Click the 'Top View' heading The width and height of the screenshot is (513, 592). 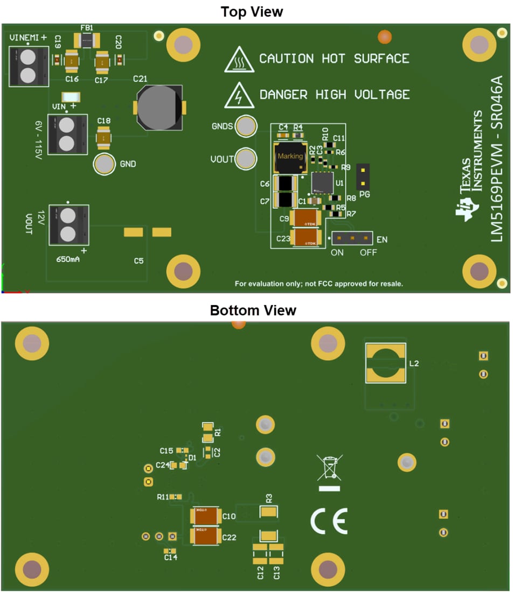(252, 11)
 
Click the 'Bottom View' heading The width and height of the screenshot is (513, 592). (253, 311)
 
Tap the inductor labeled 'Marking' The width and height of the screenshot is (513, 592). (290, 156)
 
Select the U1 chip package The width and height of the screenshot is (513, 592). (322, 182)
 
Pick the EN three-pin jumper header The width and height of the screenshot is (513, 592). (352, 237)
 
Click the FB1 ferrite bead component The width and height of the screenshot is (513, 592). (86, 39)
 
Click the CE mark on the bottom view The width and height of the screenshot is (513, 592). (329, 520)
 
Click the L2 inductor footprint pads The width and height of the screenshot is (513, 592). (385, 363)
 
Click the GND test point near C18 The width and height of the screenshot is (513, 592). (104, 164)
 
